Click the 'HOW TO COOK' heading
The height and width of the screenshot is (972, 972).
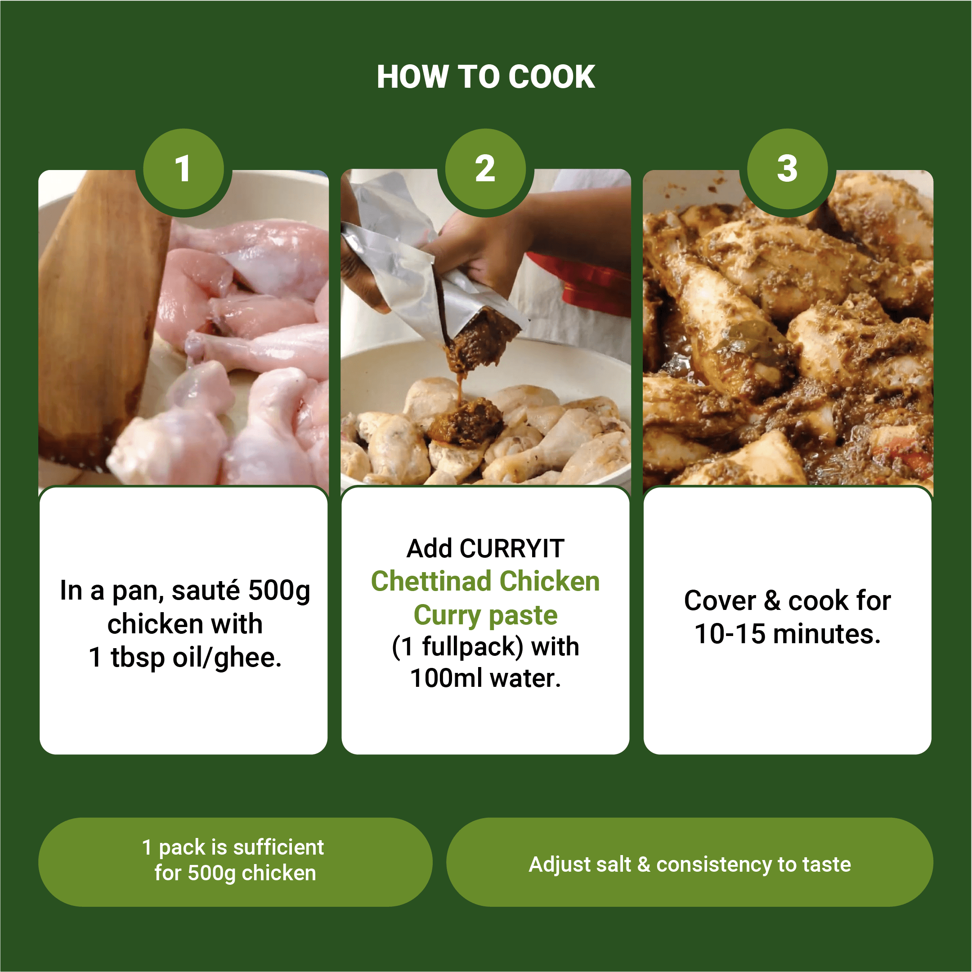[x=485, y=77]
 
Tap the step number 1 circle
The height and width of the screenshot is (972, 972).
[x=183, y=169]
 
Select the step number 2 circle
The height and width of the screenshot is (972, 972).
[x=485, y=169]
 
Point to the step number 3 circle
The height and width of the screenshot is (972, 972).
[x=787, y=169]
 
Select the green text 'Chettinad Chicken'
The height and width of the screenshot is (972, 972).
[x=485, y=582]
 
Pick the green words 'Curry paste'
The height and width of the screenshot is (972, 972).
[x=485, y=615]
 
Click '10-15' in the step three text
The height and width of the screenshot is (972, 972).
[x=730, y=634]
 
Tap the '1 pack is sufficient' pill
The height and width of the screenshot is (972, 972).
[x=235, y=862]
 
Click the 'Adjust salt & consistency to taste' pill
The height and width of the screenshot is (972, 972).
[x=689, y=862]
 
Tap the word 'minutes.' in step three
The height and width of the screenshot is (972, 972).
[x=827, y=634]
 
